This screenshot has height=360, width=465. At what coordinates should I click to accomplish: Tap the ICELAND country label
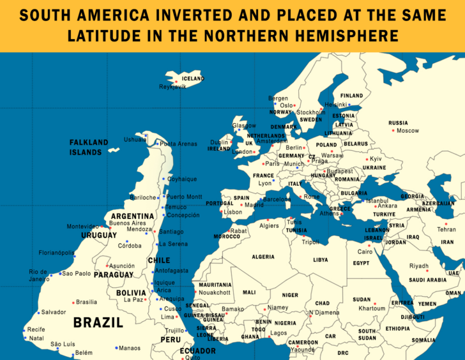coord(194,79)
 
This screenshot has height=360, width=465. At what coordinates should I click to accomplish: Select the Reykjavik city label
coord(173,86)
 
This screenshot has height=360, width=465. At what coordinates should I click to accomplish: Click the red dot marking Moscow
coord(393,130)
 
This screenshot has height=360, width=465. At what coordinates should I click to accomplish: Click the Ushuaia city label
coord(135,139)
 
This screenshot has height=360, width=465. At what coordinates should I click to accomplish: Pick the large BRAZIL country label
coord(98,322)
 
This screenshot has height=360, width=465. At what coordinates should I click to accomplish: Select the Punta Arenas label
coord(178,144)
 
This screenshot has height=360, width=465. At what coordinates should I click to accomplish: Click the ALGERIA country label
coord(263,257)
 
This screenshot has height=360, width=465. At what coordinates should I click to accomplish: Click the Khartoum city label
coord(372,308)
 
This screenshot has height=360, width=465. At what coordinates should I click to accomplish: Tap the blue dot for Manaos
coord(116,348)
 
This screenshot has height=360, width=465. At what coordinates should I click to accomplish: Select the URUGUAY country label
coord(99,235)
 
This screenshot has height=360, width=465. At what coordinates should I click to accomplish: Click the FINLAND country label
coord(351,96)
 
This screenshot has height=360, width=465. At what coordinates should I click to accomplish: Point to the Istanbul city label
coord(377,200)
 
